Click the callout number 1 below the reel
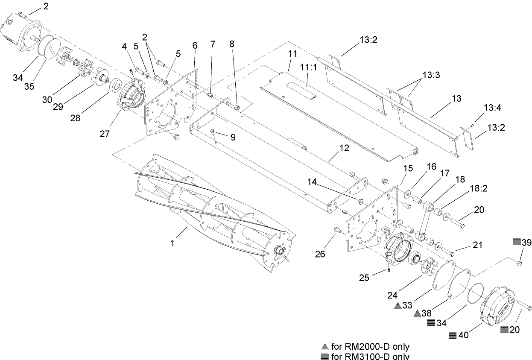pos(172,243)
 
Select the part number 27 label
pos(105,134)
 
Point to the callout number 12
pos(344,148)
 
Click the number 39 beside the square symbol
pos(526,243)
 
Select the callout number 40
pos(463,335)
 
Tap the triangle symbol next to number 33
pos(398,305)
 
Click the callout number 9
pos(232,137)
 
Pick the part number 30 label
pos(47,100)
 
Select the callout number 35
pos(29,86)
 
